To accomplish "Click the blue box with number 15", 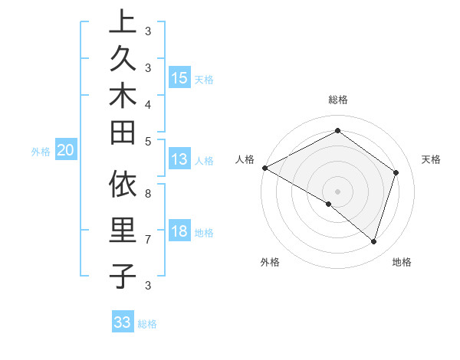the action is [x=179, y=78].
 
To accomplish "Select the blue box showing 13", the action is [x=179, y=160].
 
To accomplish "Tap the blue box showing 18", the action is [x=179, y=232].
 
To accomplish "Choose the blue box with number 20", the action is [x=65, y=151].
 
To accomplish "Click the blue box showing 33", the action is [x=123, y=322].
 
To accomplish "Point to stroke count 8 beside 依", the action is [x=148, y=193].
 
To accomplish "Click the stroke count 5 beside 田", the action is [x=148, y=141].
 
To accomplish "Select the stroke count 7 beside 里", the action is [x=148, y=240].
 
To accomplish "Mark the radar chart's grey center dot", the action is [x=337, y=191].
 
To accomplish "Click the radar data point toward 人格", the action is [x=264, y=168].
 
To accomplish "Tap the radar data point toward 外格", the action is [x=329, y=205].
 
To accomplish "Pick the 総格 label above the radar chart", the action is [x=337, y=100].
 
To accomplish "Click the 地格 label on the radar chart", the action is [x=402, y=262].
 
